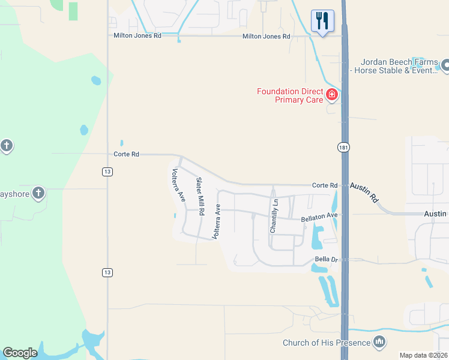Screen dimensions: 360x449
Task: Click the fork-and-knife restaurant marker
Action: [322, 22]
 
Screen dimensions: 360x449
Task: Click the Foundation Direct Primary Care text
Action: [290, 95]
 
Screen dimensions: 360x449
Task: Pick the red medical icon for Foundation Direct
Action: [331, 94]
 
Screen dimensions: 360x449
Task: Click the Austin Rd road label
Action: [364, 193]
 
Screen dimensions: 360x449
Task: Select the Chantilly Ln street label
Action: [274, 216]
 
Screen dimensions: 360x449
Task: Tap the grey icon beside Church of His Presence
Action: [379, 343]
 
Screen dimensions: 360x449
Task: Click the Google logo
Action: [20, 353]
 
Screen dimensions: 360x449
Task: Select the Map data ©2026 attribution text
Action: [423, 355]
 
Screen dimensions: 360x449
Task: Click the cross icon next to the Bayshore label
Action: [38, 193]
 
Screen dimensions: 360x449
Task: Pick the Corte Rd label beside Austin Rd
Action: [325, 185]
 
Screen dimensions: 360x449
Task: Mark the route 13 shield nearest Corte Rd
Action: [107, 172]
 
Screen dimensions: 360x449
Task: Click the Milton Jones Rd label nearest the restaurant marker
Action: [266, 37]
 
